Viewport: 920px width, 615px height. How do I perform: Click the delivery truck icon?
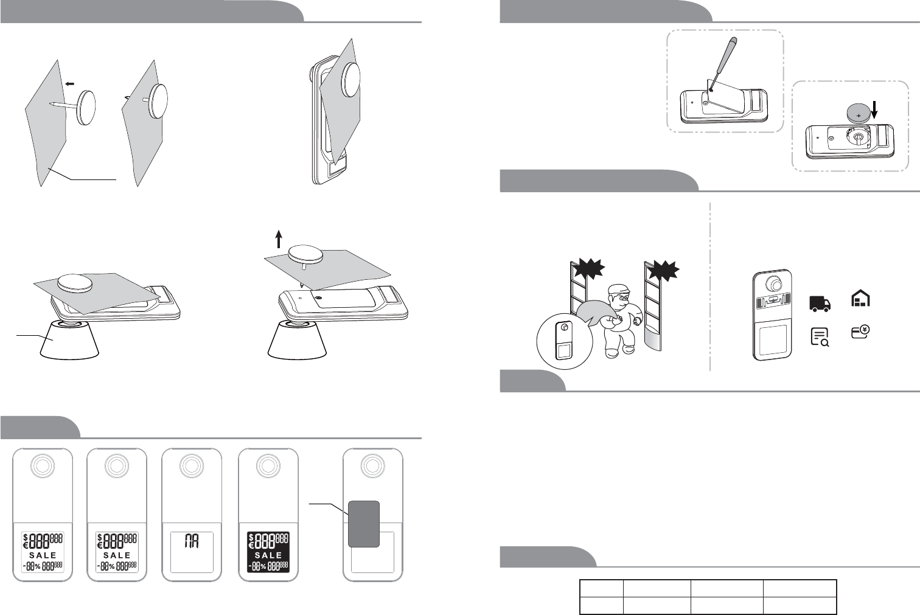(x=820, y=304)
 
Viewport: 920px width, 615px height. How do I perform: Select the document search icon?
(x=820, y=336)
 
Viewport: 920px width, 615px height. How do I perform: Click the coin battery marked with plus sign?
(x=859, y=113)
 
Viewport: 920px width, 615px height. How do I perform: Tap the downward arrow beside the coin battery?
(x=874, y=109)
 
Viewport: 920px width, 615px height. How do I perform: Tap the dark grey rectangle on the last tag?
(x=364, y=524)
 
